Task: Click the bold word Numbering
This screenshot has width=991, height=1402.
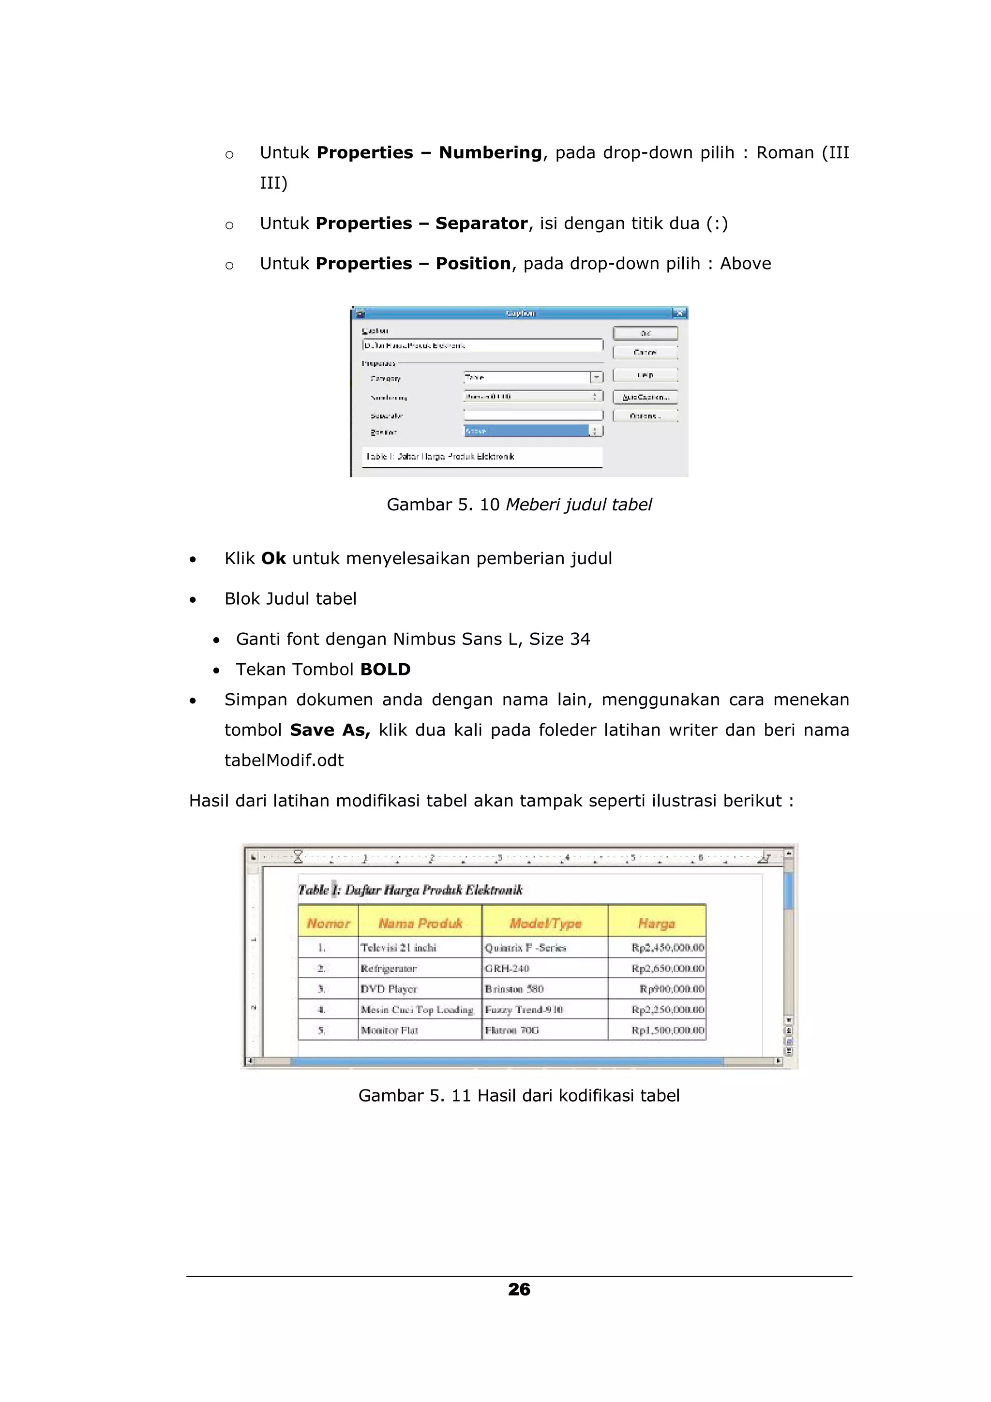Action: pos(490,153)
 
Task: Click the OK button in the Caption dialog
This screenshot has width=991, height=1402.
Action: pos(645,333)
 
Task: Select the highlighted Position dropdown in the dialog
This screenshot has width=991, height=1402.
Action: pos(532,431)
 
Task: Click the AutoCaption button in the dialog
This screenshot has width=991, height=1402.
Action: pos(645,397)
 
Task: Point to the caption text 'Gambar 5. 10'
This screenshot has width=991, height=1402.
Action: pos(443,505)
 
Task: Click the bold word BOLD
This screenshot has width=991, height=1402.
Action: pos(385,669)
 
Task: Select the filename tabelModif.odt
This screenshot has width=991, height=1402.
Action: pos(284,760)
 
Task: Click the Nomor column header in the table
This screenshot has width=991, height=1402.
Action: pos(328,923)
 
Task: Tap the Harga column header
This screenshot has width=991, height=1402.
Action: pos(657,923)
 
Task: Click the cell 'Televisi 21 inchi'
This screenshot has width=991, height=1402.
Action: pos(398,948)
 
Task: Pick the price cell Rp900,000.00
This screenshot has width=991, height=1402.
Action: pos(671,988)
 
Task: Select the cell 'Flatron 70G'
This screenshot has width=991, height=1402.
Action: pos(511,1030)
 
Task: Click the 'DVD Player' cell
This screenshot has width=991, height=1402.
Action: pos(389,988)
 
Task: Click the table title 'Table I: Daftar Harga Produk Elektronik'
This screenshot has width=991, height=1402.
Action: pos(410,890)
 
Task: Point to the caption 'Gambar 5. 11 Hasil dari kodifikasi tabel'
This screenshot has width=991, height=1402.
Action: pos(518,1095)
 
